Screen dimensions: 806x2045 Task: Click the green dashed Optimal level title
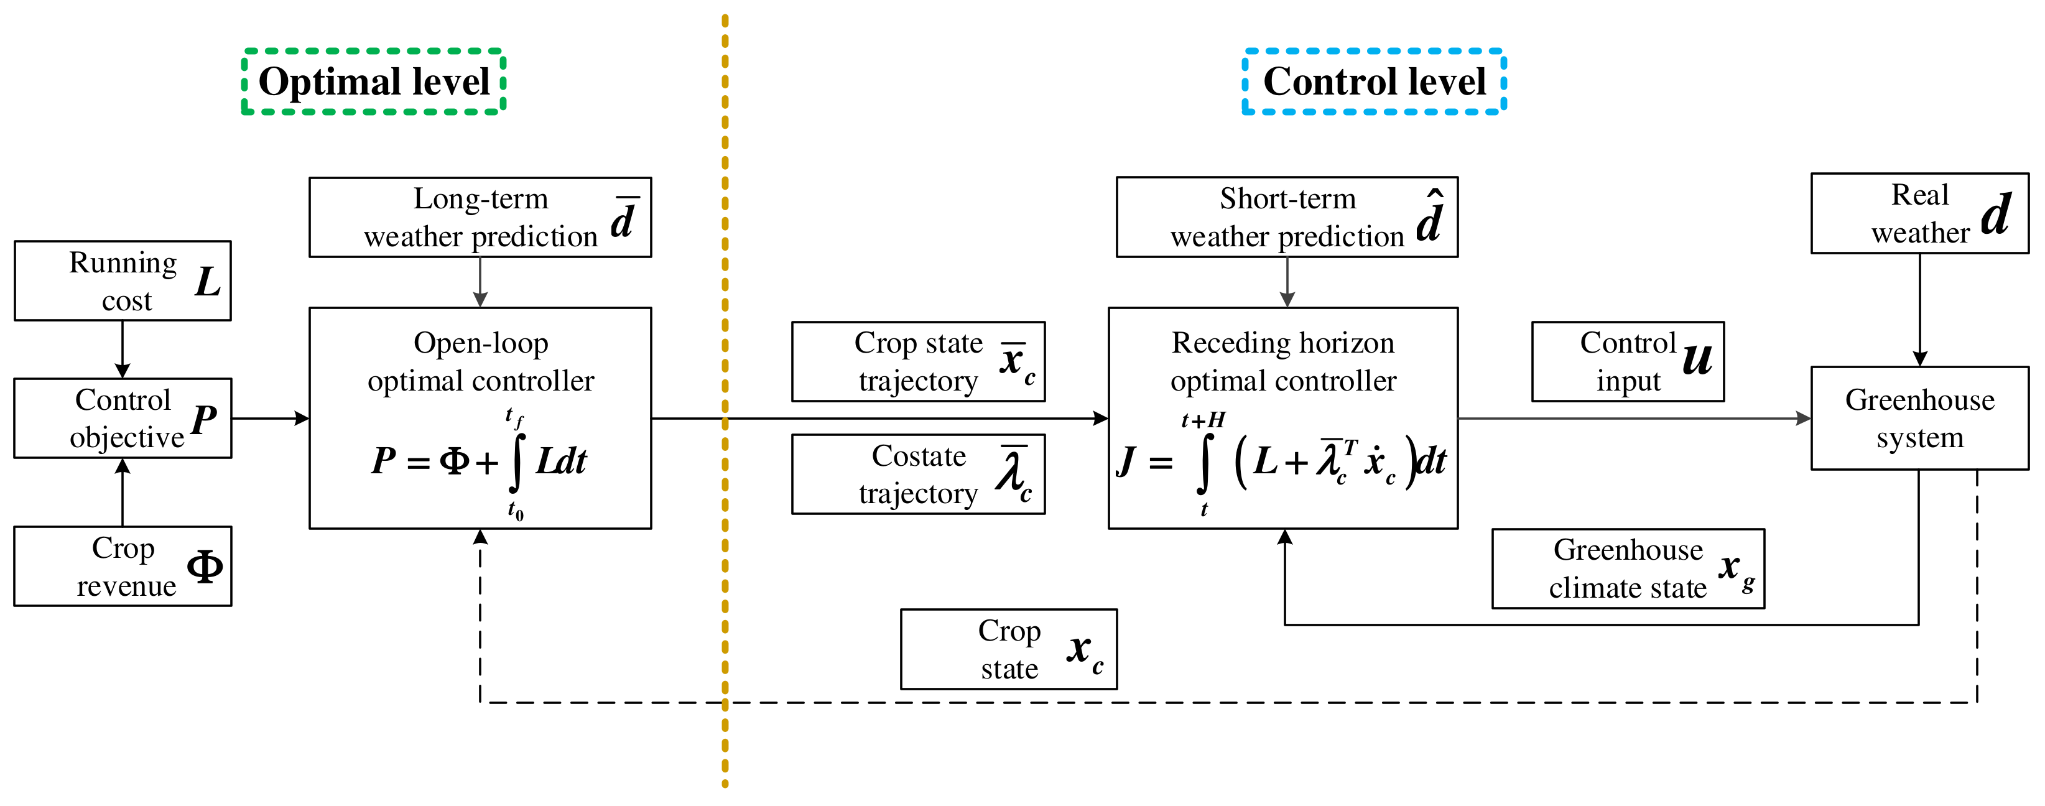[373, 82]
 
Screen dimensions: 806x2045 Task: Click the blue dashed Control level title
[1373, 82]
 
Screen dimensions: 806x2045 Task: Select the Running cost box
[123, 281]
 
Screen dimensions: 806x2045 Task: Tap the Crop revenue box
[123, 566]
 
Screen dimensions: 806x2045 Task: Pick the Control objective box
[123, 419]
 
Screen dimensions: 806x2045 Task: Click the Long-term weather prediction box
[480, 218]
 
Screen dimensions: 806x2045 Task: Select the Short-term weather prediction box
[1286, 218]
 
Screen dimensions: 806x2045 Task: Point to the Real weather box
[1919, 213]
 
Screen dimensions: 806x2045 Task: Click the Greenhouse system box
[1919, 419]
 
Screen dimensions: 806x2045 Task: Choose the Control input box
[1628, 361]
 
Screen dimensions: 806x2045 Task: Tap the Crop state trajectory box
[918, 361]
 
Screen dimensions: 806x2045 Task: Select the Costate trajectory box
[918, 474]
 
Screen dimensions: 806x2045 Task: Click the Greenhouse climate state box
[1628, 568]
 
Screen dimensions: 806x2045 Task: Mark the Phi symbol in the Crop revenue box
[205, 567]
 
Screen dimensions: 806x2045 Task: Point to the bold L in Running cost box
[208, 282]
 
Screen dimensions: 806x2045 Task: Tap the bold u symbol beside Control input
[1697, 359]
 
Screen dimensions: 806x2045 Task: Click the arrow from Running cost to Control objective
[123, 350]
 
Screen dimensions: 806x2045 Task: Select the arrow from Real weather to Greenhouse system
[1919, 310]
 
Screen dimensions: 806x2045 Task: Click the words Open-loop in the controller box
[480, 343]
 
